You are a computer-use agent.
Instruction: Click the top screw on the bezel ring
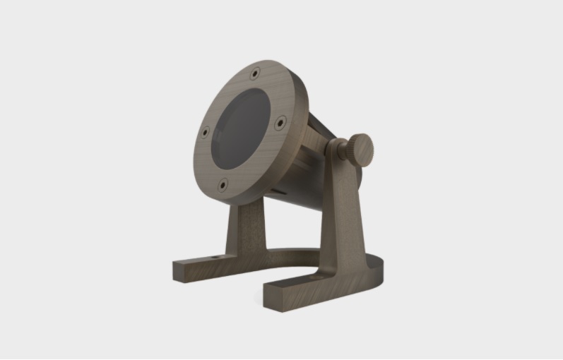(x=254, y=73)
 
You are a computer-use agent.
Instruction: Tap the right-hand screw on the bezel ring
(x=280, y=122)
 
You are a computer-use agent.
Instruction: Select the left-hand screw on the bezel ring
(x=205, y=132)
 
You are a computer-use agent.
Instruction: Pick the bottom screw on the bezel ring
(x=223, y=185)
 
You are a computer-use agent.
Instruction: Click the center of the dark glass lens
(x=242, y=129)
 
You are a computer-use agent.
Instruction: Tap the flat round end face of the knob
(x=363, y=150)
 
